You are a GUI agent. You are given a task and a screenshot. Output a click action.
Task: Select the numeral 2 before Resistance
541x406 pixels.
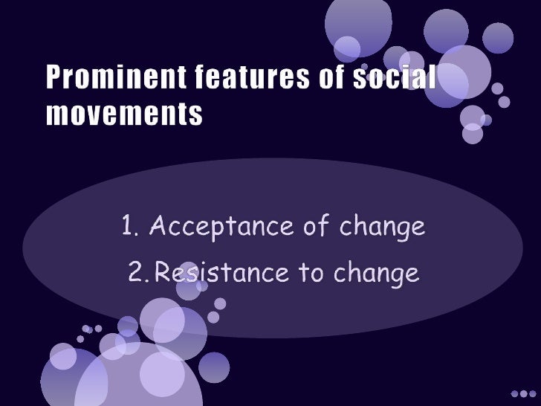[136, 274]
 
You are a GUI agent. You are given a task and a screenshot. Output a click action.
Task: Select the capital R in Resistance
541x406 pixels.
[162, 274]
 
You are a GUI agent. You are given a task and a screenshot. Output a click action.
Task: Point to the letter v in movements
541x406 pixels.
[99, 115]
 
